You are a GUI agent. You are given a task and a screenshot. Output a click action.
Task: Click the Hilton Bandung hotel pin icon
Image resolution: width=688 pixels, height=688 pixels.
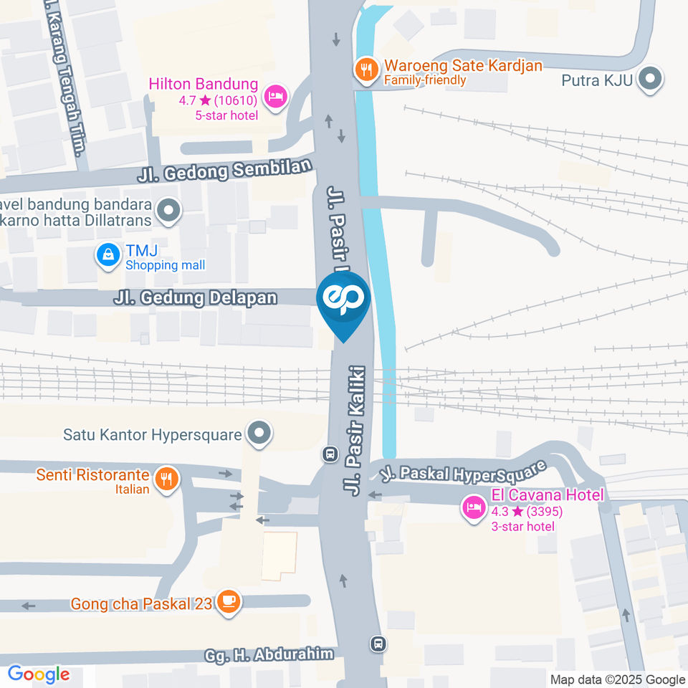pyautogui.click(x=274, y=96)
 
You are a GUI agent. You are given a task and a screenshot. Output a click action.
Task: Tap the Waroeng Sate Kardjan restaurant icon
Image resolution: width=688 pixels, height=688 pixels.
pyautogui.click(x=366, y=69)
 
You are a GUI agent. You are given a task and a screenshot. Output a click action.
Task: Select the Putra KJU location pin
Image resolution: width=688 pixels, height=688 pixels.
pyautogui.click(x=651, y=80)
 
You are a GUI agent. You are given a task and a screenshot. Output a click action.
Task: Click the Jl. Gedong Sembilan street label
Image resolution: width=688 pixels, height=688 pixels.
pyautogui.click(x=226, y=171)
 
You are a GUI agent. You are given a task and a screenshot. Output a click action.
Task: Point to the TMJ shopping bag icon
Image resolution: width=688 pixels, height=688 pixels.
pyautogui.click(x=108, y=254)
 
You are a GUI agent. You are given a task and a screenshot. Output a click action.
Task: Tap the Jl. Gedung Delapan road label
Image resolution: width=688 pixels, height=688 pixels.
pyautogui.click(x=195, y=297)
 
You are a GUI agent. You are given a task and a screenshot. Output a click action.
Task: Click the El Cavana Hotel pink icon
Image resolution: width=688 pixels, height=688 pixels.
pyautogui.click(x=472, y=508)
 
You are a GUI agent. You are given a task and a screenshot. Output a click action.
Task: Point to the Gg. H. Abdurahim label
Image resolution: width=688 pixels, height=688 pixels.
pyautogui.click(x=269, y=654)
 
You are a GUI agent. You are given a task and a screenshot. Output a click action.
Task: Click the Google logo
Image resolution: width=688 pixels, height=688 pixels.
pyautogui.click(x=39, y=674)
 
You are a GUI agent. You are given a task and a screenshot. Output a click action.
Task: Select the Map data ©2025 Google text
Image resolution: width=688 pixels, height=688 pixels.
pyautogui.click(x=618, y=679)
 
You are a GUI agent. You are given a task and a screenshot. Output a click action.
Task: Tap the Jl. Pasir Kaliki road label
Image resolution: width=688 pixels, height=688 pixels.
pyautogui.click(x=355, y=430)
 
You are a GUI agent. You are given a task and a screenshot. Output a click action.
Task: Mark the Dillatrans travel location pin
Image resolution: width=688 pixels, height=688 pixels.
pyautogui.click(x=169, y=211)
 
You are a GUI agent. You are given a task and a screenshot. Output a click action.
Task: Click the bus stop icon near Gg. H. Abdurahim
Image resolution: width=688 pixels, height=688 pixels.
pyautogui.click(x=378, y=644)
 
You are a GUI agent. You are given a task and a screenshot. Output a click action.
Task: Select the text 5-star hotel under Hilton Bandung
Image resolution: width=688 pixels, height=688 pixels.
pyautogui.click(x=226, y=115)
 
